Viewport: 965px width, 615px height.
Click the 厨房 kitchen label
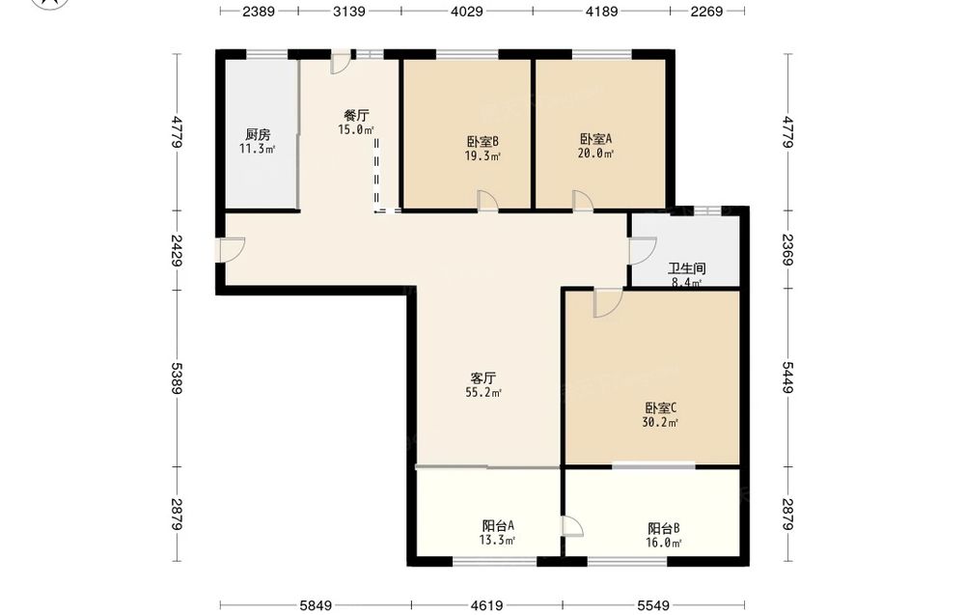tap(258, 134)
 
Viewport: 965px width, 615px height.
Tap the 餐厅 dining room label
tap(356, 115)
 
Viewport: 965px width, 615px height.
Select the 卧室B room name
tap(482, 142)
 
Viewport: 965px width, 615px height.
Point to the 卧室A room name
tap(595, 139)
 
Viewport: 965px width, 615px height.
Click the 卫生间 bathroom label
tap(687, 268)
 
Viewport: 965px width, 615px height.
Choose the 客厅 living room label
tap(483, 378)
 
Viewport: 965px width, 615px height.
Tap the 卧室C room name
tap(661, 407)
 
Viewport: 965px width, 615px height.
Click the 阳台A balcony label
tap(498, 526)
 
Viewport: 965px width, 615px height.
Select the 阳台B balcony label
tap(664, 528)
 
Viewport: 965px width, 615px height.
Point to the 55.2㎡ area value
tap(483, 393)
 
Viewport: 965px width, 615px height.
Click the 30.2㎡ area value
tap(660, 422)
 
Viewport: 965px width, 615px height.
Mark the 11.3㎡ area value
tap(258, 149)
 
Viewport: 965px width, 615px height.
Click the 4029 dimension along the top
tap(466, 11)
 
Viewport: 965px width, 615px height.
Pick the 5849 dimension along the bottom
tap(316, 605)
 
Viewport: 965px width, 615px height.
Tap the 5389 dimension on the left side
tap(178, 378)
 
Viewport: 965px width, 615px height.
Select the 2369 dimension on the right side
tap(788, 249)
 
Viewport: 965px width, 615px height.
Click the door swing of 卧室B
tap(487, 201)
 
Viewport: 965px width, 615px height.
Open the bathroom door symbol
tap(643, 251)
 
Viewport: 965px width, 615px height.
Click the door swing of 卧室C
tap(608, 303)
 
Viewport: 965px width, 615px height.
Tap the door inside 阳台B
tap(571, 527)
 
